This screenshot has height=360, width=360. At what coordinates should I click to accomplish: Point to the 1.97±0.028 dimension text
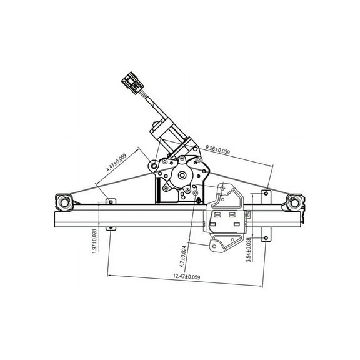[94, 241]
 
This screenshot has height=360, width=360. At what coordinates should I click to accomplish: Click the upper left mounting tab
[110, 202]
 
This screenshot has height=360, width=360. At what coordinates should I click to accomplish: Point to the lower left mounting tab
[111, 227]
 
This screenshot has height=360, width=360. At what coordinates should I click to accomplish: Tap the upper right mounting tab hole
[267, 194]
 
